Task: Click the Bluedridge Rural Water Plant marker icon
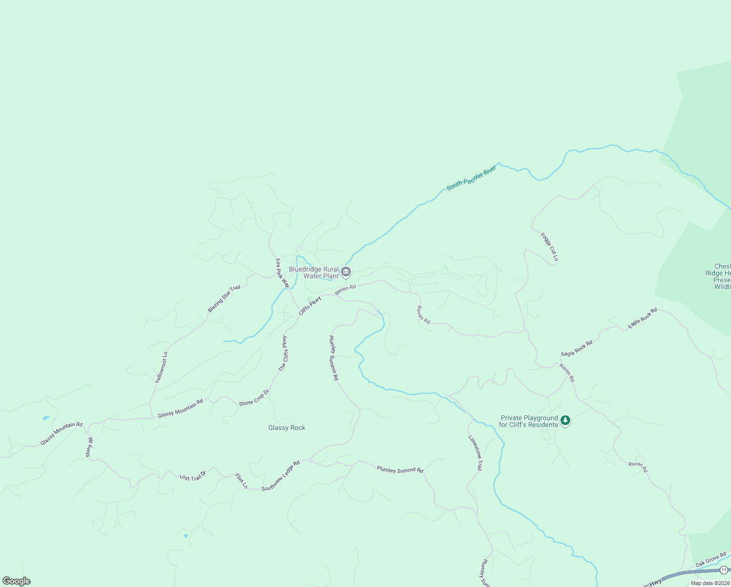[x=346, y=272]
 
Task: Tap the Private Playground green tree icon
[x=565, y=420]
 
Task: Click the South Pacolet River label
[x=472, y=178]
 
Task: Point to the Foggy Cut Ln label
[x=549, y=247]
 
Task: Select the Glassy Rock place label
[x=287, y=428]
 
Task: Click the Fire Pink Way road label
[x=282, y=273]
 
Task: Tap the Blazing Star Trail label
[x=224, y=298]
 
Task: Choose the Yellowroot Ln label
[x=161, y=367]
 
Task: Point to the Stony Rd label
[x=89, y=448]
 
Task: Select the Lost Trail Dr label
[x=193, y=476]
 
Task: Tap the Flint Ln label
[x=241, y=481]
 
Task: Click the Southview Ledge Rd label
[x=280, y=475]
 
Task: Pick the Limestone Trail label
[x=475, y=453]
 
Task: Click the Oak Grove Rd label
[x=711, y=560]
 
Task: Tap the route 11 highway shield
[x=723, y=570]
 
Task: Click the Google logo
[x=16, y=581]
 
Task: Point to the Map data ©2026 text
[x=710, y=583]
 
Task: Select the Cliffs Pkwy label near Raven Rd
[x=310, y=305]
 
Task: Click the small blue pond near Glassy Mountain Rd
[x=46, y=418]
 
